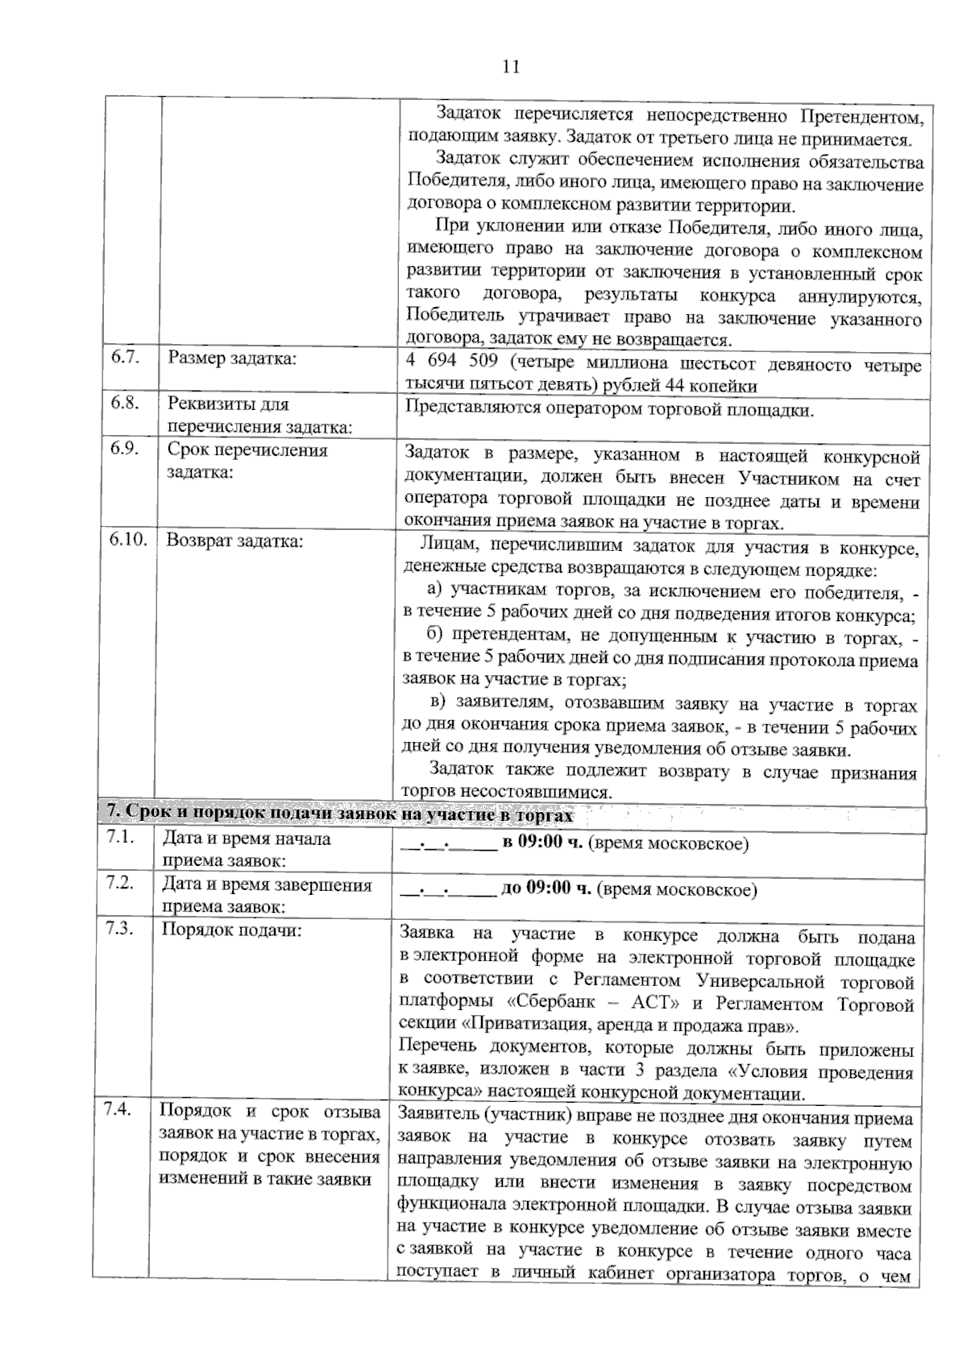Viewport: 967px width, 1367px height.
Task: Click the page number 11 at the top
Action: coord(510,67)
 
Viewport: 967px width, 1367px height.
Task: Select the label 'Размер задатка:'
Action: coord(232,358)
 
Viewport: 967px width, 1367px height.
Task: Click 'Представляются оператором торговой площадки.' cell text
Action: coord(609,410)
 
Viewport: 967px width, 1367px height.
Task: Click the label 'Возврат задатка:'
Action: coord(234,541)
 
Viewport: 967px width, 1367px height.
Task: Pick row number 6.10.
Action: coord(129,539)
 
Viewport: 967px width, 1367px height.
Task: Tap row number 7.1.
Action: coord(120,837)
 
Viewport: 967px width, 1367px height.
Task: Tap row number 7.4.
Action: coord(118,1109)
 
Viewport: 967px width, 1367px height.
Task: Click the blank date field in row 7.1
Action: coord(448,844)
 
